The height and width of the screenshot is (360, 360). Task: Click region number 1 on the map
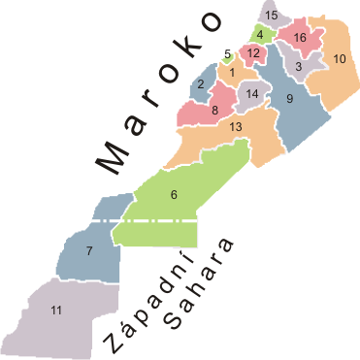[232, 72]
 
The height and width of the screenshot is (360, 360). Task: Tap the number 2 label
[200, 84]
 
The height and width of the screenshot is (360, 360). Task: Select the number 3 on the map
[300, 67]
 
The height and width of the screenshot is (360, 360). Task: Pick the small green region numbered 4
[259, 36]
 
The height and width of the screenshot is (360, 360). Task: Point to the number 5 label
[227, 54]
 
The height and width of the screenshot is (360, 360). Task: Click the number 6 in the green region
[174, 195]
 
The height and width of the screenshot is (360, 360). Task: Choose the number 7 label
[88, 252]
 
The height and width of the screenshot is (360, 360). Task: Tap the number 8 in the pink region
[214, 111]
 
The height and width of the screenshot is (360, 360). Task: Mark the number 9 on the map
[289, 98]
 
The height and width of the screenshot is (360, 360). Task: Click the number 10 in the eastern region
[340, 59]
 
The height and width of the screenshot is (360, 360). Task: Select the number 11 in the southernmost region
[56, 310]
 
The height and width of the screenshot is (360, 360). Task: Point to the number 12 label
[252, 52]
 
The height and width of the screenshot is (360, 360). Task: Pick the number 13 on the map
[236, 127]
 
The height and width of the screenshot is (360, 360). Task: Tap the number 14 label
[252, 94]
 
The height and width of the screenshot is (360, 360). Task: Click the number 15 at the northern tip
[272, 15]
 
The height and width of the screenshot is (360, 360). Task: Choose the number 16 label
[300, 38]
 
